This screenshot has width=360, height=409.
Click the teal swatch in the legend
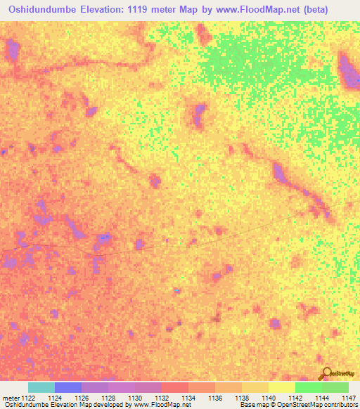click(41, 387)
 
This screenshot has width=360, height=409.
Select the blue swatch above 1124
click(68, 387)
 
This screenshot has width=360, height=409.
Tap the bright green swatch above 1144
click(308, 387)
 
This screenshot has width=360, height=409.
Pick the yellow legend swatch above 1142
click(281, 387)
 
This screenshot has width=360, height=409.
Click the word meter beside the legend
click(11, 398)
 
